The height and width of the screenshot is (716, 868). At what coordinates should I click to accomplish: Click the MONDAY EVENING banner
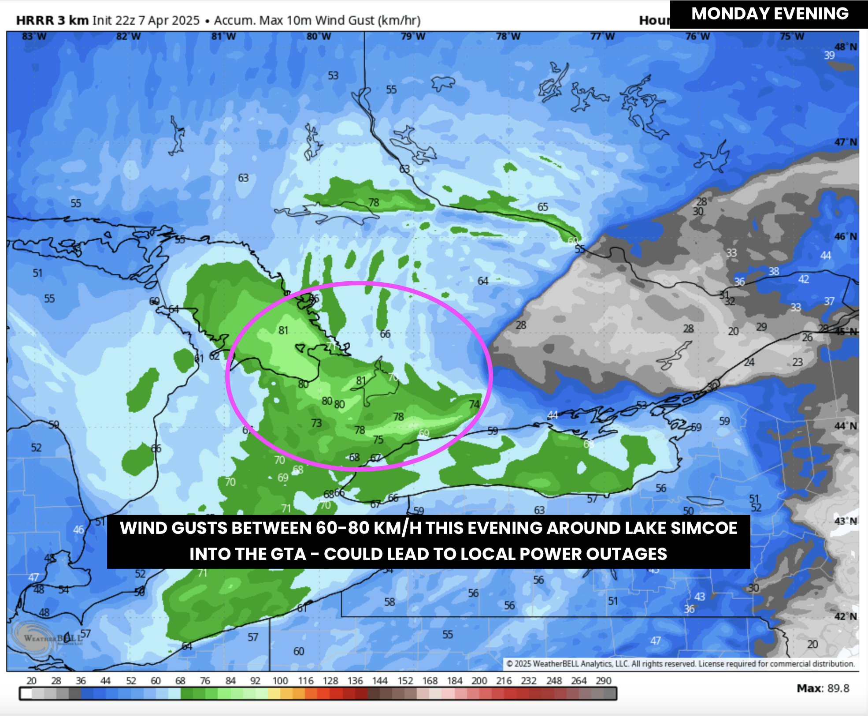[769, 14]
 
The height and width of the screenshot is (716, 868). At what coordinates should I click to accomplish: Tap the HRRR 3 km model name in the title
[52, 20]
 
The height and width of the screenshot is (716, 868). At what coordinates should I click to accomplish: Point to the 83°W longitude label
[34, 36]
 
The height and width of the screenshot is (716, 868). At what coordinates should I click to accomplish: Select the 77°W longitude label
[602, 36]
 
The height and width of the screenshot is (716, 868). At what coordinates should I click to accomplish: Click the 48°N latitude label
[846, 47]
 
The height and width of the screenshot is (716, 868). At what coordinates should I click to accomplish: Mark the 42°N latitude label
[846, 616]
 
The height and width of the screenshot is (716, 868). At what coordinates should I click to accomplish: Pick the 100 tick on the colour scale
[280, 681]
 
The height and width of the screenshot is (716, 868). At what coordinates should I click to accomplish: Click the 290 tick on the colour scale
[603, 681]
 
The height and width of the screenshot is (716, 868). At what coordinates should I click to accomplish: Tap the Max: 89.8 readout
[823, 688]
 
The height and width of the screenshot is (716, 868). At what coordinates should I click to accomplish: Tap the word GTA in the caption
[288, 554]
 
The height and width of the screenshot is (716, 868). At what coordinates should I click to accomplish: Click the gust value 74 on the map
[474, 404]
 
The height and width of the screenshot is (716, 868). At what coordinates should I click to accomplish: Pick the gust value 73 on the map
[316, 423]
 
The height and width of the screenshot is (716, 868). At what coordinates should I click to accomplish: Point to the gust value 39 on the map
[829, 55]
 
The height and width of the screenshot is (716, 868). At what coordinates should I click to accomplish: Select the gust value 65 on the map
[542, 207]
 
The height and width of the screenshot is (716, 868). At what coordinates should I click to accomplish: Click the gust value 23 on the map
[798, 362]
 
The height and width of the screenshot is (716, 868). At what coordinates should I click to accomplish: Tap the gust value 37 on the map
[829, 301]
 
